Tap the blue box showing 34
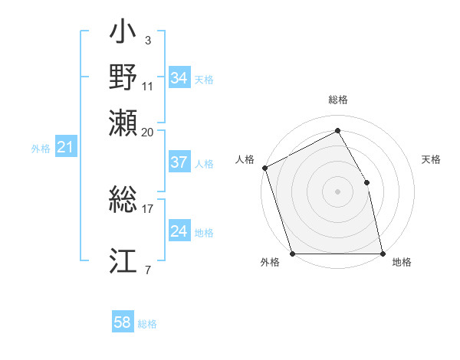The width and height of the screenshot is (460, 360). [x=179, y=78]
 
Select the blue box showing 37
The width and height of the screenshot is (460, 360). [x=179, y=162]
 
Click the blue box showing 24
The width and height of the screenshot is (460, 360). [x=179, y=232]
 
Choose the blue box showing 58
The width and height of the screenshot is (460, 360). [x=122, y=323]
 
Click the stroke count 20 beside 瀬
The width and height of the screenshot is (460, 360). [x=147, y=132]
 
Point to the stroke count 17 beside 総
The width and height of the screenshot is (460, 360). [x=147, y=207]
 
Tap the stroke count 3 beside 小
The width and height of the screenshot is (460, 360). [x=147, y=41]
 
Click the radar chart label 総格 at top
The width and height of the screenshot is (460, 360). [x=338, y=100]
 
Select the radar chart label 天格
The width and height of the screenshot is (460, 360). [x=431, y=159]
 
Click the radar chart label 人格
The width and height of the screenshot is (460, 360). [x=245, y=159]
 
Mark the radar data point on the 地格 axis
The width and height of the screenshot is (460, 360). [x=383, y=254]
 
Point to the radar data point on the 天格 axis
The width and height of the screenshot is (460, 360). [x=366, y=182]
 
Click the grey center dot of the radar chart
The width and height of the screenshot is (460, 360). [x=337, y=191]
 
